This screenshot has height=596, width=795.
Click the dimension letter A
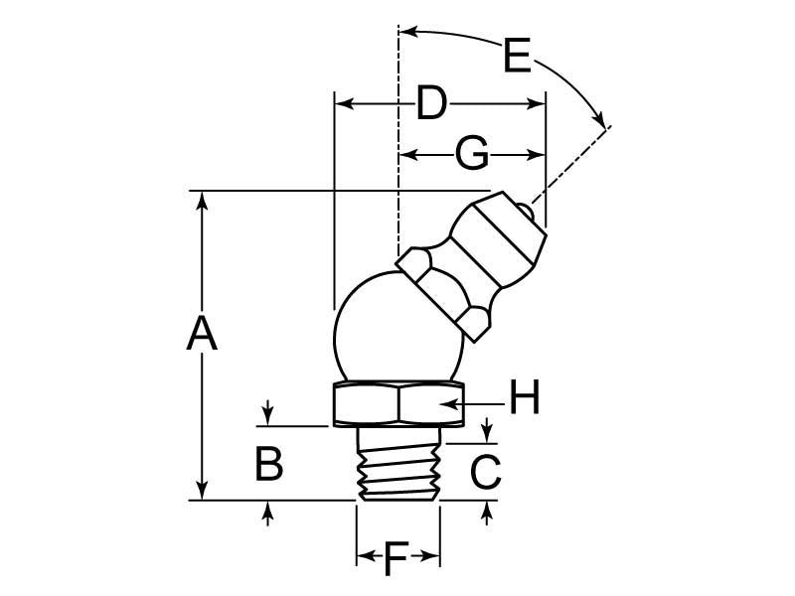(202, 335)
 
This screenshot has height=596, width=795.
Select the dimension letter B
(268, 464)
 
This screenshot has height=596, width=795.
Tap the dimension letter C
(485, 472)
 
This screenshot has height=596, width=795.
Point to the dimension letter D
(430, 103)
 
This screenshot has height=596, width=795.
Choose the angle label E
(517, 57)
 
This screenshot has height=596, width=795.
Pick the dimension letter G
(471, 155)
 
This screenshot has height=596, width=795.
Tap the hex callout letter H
(524, 400)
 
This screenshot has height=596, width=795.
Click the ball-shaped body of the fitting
(383, 329)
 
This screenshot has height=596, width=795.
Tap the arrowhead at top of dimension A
(202, 199)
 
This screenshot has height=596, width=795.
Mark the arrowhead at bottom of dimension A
(202, 492)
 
